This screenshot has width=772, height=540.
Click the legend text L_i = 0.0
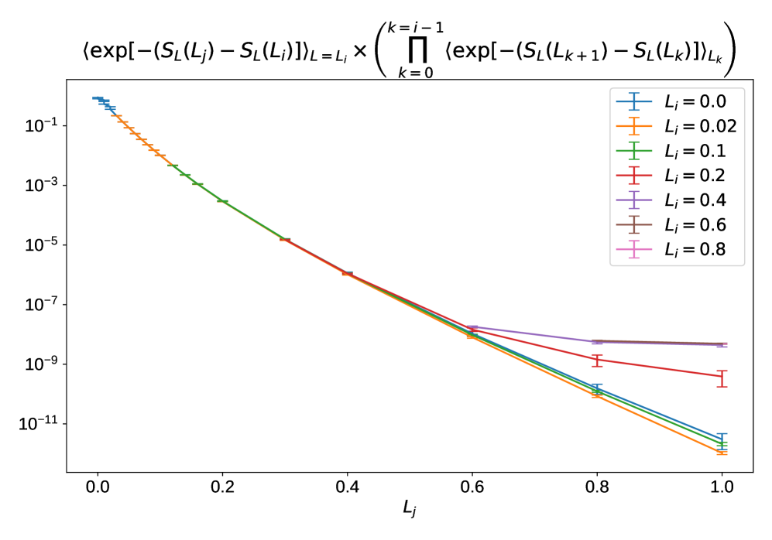pos(695,101)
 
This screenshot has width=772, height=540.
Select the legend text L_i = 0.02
pos(700,126)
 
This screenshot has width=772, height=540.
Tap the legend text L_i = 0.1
pos(695,151)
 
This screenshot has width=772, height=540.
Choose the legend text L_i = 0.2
pos(695,176)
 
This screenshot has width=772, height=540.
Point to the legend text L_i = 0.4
pos(695,200)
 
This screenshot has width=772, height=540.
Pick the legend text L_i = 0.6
pos(695,225)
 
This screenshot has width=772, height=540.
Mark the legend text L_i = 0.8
pos(695,250)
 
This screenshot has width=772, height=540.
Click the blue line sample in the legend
pos(634,101)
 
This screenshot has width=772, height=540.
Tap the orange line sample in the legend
pos(634,126)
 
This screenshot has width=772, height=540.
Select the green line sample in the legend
pos(634,151)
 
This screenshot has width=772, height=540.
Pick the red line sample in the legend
pos(634,176)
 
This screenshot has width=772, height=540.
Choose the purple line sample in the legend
pos(634,200)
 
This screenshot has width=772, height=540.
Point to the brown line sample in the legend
pos(634,225)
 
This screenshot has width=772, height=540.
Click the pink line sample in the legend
pos(634,250)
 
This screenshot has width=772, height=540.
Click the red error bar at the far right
pos(722,378)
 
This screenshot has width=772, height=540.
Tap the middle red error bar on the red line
pos(596,360)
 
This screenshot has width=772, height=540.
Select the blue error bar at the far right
pos(722,439)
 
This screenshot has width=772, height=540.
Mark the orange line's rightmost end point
pos(722,453)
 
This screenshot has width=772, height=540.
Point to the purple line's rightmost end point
pos(722,345)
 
